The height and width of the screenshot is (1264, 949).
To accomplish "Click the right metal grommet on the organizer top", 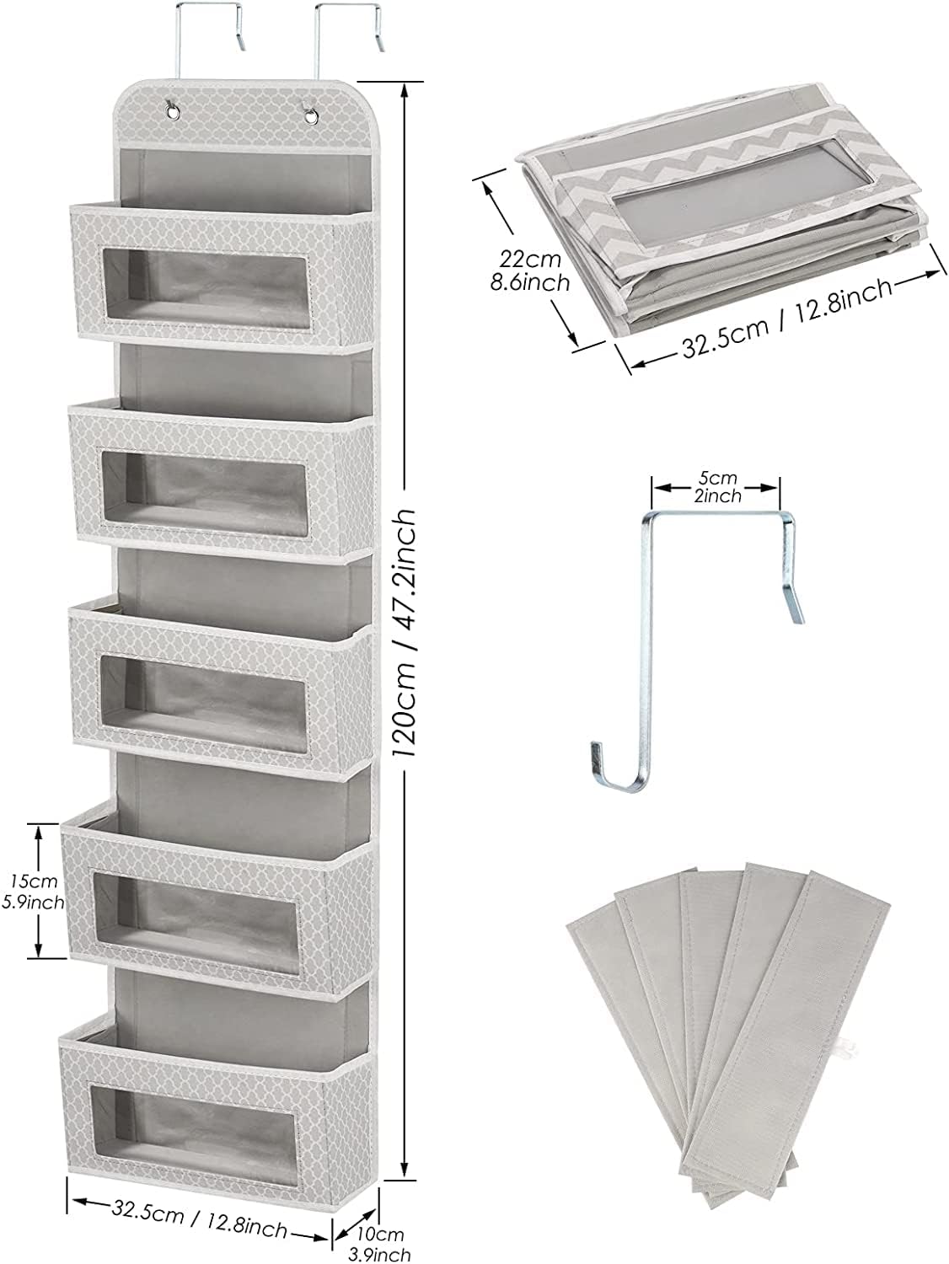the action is pos(312,116).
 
